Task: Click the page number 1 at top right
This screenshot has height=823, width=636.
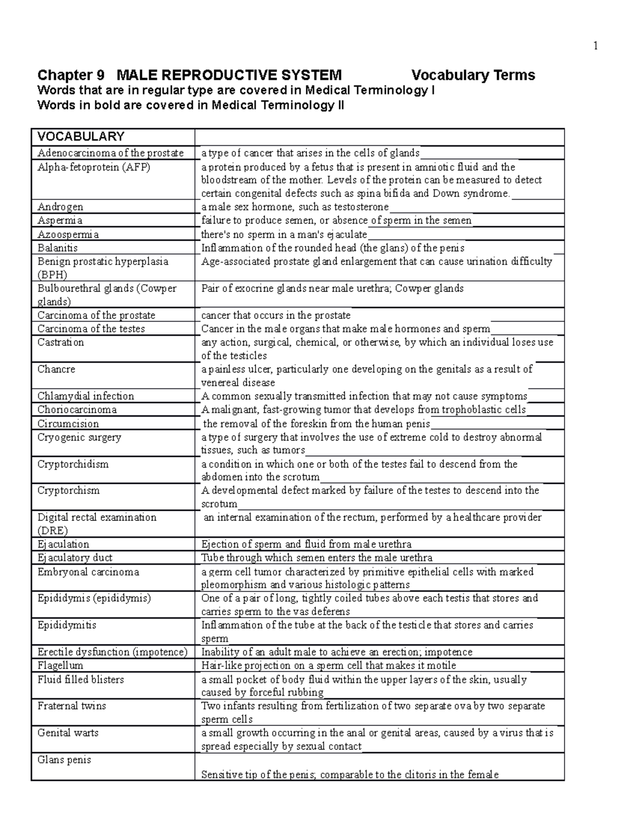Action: [x=595, y=46]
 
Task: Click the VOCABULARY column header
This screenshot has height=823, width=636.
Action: [x=81, y=137]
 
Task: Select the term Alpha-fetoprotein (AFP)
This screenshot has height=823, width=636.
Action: [x=94, y=167]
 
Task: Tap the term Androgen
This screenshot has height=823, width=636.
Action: [x=60, y=207]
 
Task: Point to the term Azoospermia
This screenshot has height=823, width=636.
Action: [x=68, y=234]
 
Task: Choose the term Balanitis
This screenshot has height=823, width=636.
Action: [x=58, y=247]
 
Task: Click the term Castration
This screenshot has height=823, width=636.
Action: [x=60, y=342]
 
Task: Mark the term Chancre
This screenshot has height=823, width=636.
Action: [x=56, y=369]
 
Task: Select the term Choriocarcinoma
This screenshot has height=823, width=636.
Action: [x=77, y=410]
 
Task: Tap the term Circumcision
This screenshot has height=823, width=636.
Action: [x=68, y=423]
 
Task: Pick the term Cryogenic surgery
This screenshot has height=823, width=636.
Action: [x=79, y=437]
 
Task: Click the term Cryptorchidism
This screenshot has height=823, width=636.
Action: [x=73, y=464]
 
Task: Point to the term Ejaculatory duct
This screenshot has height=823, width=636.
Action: [x=75, y=557]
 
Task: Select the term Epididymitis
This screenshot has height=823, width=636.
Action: [x=67, y=625]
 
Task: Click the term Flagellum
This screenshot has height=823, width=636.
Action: [x=60, y=666]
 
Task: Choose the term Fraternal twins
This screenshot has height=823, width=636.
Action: [x=72, y=706]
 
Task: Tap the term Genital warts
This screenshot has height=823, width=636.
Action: [x=68, y=733]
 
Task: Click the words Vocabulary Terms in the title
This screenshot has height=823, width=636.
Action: [x=473, y=75]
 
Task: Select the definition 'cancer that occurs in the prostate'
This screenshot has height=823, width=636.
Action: [x=276, y=315]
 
